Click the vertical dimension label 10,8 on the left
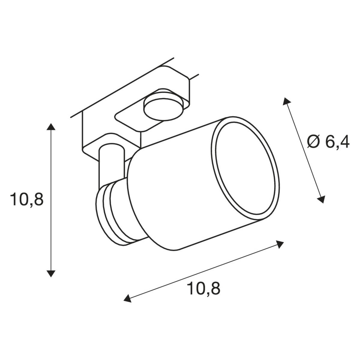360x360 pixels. pos(27,199)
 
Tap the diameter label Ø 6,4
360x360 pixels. pos(328,142)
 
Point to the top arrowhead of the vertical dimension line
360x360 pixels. pos(51,127)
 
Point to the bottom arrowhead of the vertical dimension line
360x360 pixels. pos(51,274)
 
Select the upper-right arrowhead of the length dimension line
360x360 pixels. pos(280,244)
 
